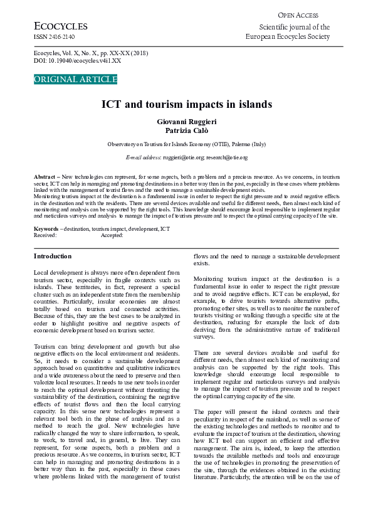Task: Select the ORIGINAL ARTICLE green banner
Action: [x=75, y=80]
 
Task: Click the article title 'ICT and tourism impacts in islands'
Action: [x=187, y=104]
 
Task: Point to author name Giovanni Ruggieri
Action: [x=187, y=120]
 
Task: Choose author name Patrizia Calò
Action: [x=187, y=130]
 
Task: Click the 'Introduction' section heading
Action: [x=53, y=256]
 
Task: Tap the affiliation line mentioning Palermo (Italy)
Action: [x=187, y=144]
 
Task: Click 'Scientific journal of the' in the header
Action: [x=294, y=28]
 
